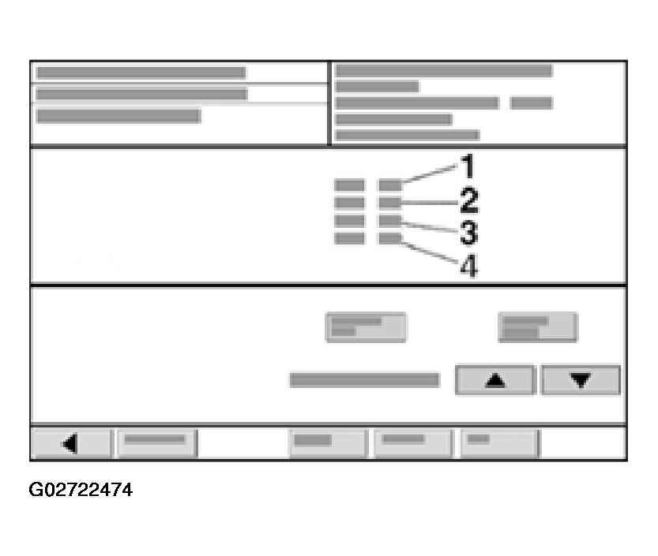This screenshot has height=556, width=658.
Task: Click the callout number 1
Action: coord(467,167)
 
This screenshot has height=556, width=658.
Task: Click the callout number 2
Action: coord(468,201)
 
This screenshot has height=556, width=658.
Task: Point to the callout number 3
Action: coord(468,233)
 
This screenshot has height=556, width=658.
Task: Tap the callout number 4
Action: coord(468,267)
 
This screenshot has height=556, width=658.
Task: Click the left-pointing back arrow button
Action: coord(71,444)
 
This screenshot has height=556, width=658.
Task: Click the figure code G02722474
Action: coord(81,491)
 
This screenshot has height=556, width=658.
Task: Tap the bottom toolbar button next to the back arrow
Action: coord(156,442)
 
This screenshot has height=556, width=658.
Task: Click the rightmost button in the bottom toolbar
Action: coord(499,442)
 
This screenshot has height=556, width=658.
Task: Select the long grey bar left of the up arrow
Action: coord(364,380)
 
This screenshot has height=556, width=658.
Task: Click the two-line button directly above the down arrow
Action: coord(537,327)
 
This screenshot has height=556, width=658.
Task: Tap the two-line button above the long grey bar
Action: coord(366,327)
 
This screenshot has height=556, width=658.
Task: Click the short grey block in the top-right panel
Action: coord(532,103)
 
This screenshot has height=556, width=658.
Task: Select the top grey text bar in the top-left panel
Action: coord(141,73)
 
